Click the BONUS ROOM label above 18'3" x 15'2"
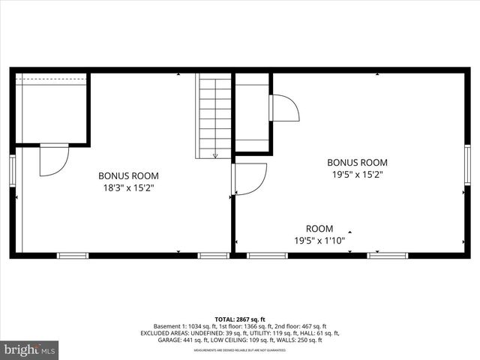[x=128, y=175]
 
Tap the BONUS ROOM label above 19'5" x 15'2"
[x=357, y=162]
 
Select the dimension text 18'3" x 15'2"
[x=128, y=188]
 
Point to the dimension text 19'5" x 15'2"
[x=357, y=175]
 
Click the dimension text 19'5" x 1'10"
[x=319, y=241]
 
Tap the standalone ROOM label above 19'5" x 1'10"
[x=319, y=228]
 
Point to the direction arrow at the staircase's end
[x=215, y=155]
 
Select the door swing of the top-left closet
[x=53, y=160]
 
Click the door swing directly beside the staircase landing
[x=283, y=108]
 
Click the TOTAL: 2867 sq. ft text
[x=240, y=319]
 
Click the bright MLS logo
[x=30, y=349]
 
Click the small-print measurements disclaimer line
[x=240, y=350]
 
